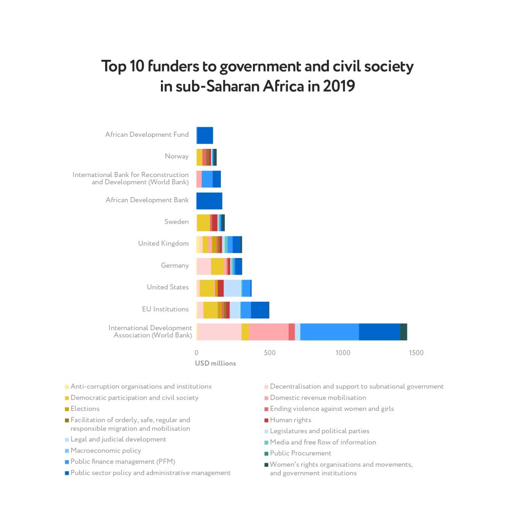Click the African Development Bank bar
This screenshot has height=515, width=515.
209,201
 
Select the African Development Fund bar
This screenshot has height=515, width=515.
205,135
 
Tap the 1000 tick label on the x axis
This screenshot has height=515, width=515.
343,353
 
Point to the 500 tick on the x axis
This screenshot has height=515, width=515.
270,353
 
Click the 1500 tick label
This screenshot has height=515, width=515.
416,353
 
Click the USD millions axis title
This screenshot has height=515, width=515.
215,363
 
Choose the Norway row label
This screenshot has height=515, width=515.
177,156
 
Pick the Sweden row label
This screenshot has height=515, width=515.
177,222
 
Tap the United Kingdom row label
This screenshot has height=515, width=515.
163,243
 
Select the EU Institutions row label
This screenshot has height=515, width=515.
165,309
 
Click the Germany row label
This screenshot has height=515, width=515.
175,266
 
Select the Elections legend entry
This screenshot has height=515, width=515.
85,409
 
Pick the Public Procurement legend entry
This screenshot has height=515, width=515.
300,453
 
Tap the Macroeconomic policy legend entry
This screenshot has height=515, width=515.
106,451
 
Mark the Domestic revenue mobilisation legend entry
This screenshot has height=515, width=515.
311,398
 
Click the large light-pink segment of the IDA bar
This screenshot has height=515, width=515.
220,332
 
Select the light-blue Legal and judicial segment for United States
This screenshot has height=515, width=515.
232,288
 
